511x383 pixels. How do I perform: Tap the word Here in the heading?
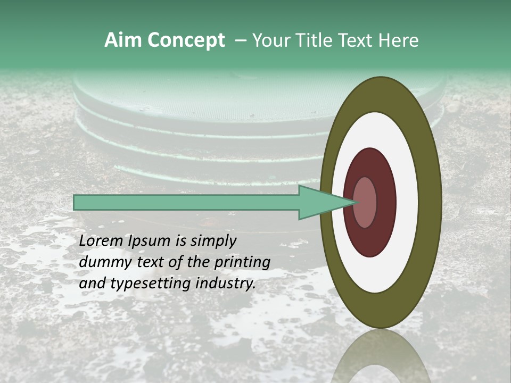click(x=398, y=40)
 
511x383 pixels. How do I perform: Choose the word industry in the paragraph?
click(x=226, y=284)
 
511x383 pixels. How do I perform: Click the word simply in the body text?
click(x=212, y=241)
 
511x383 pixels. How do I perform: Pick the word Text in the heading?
click(x=357, y=40)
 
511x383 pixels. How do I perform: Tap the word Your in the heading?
click(x=270, y=40)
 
